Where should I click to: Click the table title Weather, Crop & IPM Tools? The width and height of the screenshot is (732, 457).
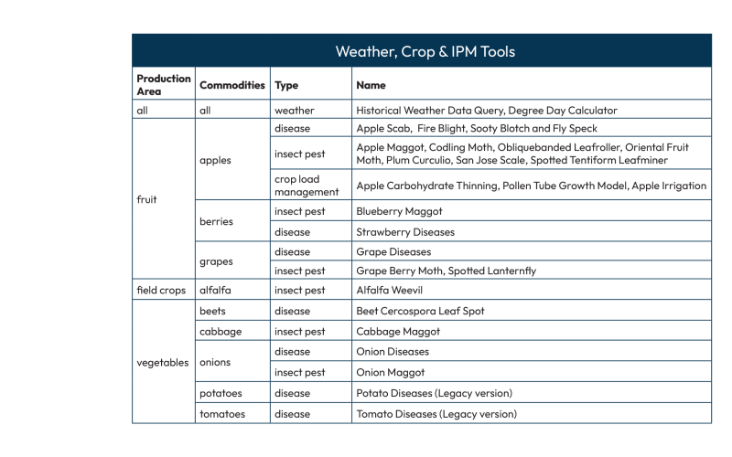[x=425, y=51]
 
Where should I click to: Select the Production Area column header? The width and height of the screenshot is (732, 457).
[x=164, y=84]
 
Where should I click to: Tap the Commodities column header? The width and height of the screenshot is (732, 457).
[x=232, y=85]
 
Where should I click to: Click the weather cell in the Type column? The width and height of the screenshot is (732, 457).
[x=294, y=110]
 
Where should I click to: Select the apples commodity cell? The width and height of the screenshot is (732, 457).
[x=215, y=160]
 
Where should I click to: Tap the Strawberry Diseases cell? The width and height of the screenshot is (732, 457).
[x=404, y=231]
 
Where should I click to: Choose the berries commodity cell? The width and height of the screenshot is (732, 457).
[x=217, y=221]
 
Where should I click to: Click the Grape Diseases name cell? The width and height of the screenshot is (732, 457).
[x=393, y=251]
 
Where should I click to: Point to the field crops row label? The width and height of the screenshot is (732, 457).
[x=161, y=291]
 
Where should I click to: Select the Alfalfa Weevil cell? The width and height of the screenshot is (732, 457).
[x=393, y=291]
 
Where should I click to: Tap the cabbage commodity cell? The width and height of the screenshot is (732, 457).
[x=221, y=331]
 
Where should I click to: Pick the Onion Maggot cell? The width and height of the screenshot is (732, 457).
[x=391, y=372]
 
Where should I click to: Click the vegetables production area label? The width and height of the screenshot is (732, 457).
[x=162, y=362]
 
